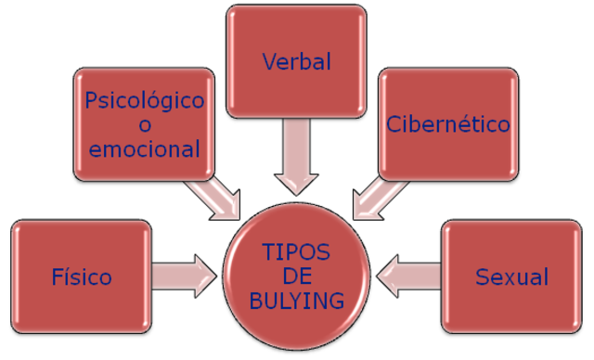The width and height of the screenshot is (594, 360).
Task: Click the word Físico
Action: click(x=83, y=276)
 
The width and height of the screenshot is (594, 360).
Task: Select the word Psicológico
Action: click(x=144, y=100)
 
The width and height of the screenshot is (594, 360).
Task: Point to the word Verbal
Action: click(x=297, y=63)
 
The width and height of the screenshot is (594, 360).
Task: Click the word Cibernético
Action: click(x=449, y=123)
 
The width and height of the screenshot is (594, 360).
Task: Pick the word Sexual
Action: click(x=511, y=276)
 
